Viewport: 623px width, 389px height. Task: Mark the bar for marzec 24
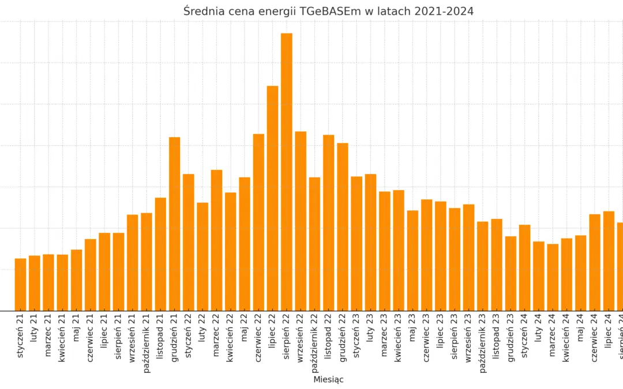tap(553, 277)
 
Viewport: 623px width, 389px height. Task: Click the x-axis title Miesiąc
tap(328, 380)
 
